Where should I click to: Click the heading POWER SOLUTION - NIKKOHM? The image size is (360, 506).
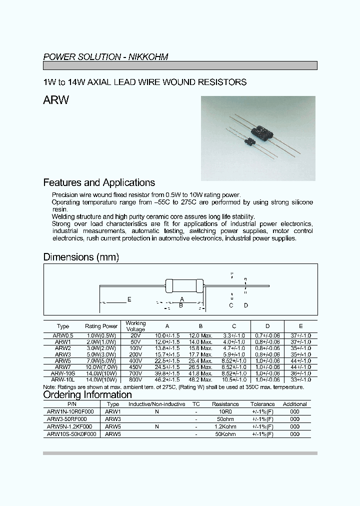105,57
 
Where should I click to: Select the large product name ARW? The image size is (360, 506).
56,100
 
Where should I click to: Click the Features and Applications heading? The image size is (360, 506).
99,182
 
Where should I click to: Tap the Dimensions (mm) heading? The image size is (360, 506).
81,257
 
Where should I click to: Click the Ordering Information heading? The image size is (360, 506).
87,394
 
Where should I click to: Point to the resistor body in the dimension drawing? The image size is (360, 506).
183,286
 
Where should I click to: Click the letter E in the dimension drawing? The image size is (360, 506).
129,299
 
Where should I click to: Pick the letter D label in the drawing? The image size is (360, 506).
245,305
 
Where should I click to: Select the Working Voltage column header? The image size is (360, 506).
135,326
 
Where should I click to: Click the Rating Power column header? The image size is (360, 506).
101,326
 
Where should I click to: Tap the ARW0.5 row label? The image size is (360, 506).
63,335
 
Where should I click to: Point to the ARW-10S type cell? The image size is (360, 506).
63,373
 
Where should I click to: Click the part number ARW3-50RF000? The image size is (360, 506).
67,419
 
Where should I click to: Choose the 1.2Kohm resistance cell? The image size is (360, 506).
225,426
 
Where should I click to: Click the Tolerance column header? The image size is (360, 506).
262,404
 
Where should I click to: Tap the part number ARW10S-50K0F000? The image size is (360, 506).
70,434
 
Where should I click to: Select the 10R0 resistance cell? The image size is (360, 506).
225,411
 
